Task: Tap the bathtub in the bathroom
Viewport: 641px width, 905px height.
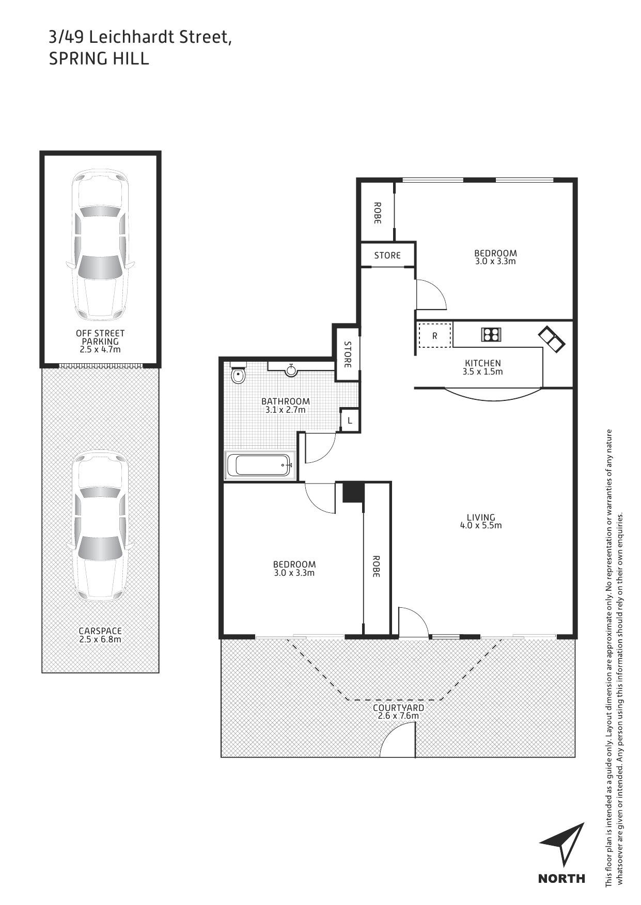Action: pyautogui.click(x=260, y=465)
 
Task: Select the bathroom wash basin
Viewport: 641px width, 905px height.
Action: pyautogui.click(x=292, y=369)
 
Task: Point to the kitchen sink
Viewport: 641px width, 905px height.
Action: pyautogui.click(x=552, y=339)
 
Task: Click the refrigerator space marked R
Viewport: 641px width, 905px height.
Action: pyautogui.click(x=435, y=335)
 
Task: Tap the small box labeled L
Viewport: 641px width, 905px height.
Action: pyautogui.click(x=350, y=421)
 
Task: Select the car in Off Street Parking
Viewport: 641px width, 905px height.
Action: pyautogui.click(x=101, y=245)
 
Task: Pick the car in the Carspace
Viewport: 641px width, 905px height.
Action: pyautogui.click(x=101, y=526)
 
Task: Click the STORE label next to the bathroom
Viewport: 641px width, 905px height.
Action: pyautogui.click(x=348, y=354)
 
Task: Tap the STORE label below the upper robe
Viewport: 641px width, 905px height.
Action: pyautogui.click(x=387, y=255)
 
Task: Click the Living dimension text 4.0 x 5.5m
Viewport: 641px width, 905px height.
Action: pyautogui.click(x=481, y=526)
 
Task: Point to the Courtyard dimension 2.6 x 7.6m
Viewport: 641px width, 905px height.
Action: pyautogui.click(x=398, y=716)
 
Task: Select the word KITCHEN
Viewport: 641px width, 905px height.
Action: pyautogui.click(x=483, y=363)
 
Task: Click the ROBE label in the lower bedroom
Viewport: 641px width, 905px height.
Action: pyautogui.click(x=376, y=566)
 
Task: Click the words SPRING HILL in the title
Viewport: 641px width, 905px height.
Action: pyautogui.click(x=99, y=58)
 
